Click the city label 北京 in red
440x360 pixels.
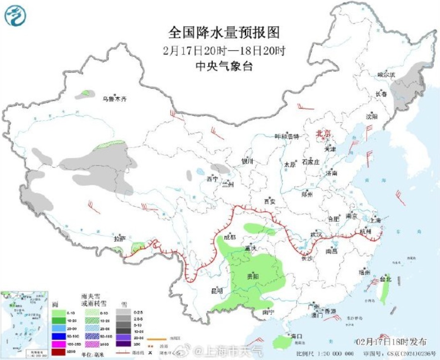pos(323,133)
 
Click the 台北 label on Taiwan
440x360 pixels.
pos(385,279)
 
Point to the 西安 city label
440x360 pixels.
pos(269,201)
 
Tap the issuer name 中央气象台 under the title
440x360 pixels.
pos(224,66)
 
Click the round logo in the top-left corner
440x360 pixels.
pos(15,15)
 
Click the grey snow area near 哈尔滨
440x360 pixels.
pos(406,88)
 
